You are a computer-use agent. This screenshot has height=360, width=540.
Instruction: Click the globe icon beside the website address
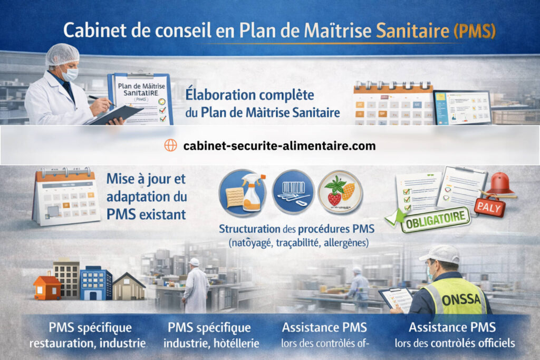(x=170, y=145)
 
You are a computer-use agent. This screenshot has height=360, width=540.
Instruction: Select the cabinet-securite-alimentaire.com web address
(x=279, y=146)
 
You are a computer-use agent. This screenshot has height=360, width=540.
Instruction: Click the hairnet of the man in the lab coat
(x=62, y=54)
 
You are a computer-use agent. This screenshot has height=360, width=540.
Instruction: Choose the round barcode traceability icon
(x=293, y=191)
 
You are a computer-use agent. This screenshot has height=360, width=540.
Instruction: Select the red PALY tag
(x=489, y=206)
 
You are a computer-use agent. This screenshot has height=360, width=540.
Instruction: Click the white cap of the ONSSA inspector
(x=439, y=254)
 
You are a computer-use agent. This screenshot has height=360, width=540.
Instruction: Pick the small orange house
(x=47, y=287)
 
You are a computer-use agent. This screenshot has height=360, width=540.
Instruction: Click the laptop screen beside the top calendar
(x=462, y=108)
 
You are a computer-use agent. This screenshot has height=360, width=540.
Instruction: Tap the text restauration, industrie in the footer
(x=88, y=344)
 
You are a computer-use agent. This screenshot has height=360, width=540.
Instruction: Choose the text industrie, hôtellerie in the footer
(x=211, y=344)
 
